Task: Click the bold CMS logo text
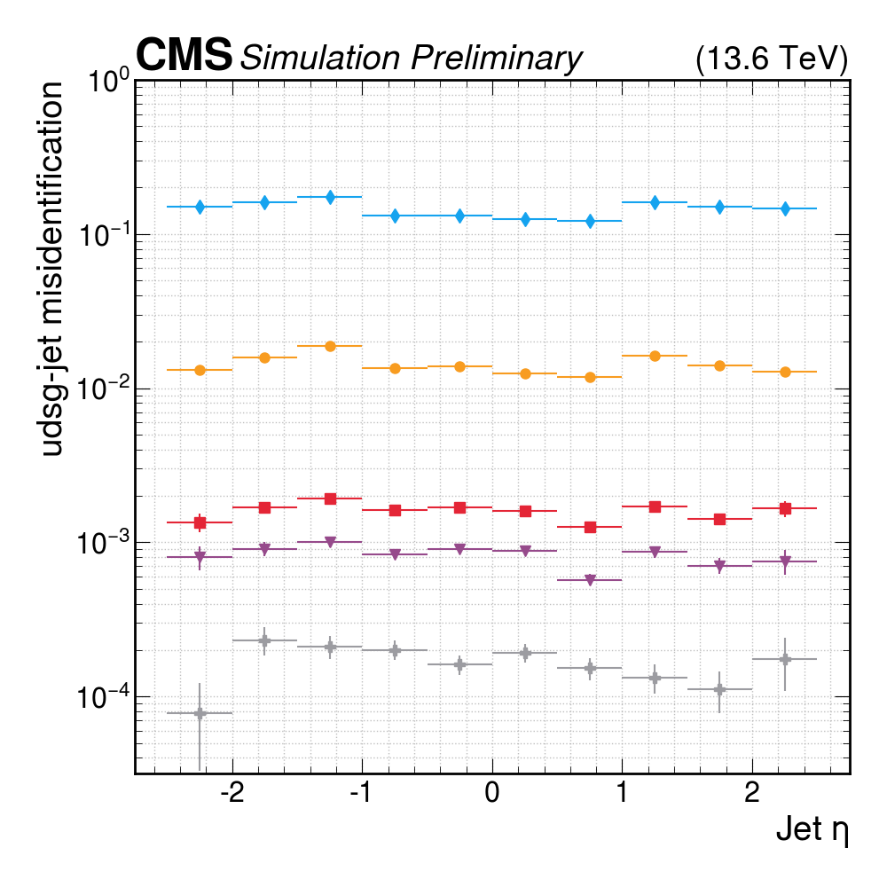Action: [x=184, y=57]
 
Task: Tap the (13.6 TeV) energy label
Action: [x=772, y=59]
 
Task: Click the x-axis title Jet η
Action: [x=812, y=831]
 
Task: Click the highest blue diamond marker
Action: [x=330, y=197]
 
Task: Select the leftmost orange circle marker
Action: [x=200, y=370]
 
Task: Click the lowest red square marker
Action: [x=590, y=527]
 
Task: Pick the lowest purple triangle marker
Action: [x=590, y=581]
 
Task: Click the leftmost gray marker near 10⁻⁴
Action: [x=200, y=713]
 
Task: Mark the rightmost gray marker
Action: [x=785, y=659]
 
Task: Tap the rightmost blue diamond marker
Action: [x=785, y=208]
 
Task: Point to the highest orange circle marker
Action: [x=330, y=346]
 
